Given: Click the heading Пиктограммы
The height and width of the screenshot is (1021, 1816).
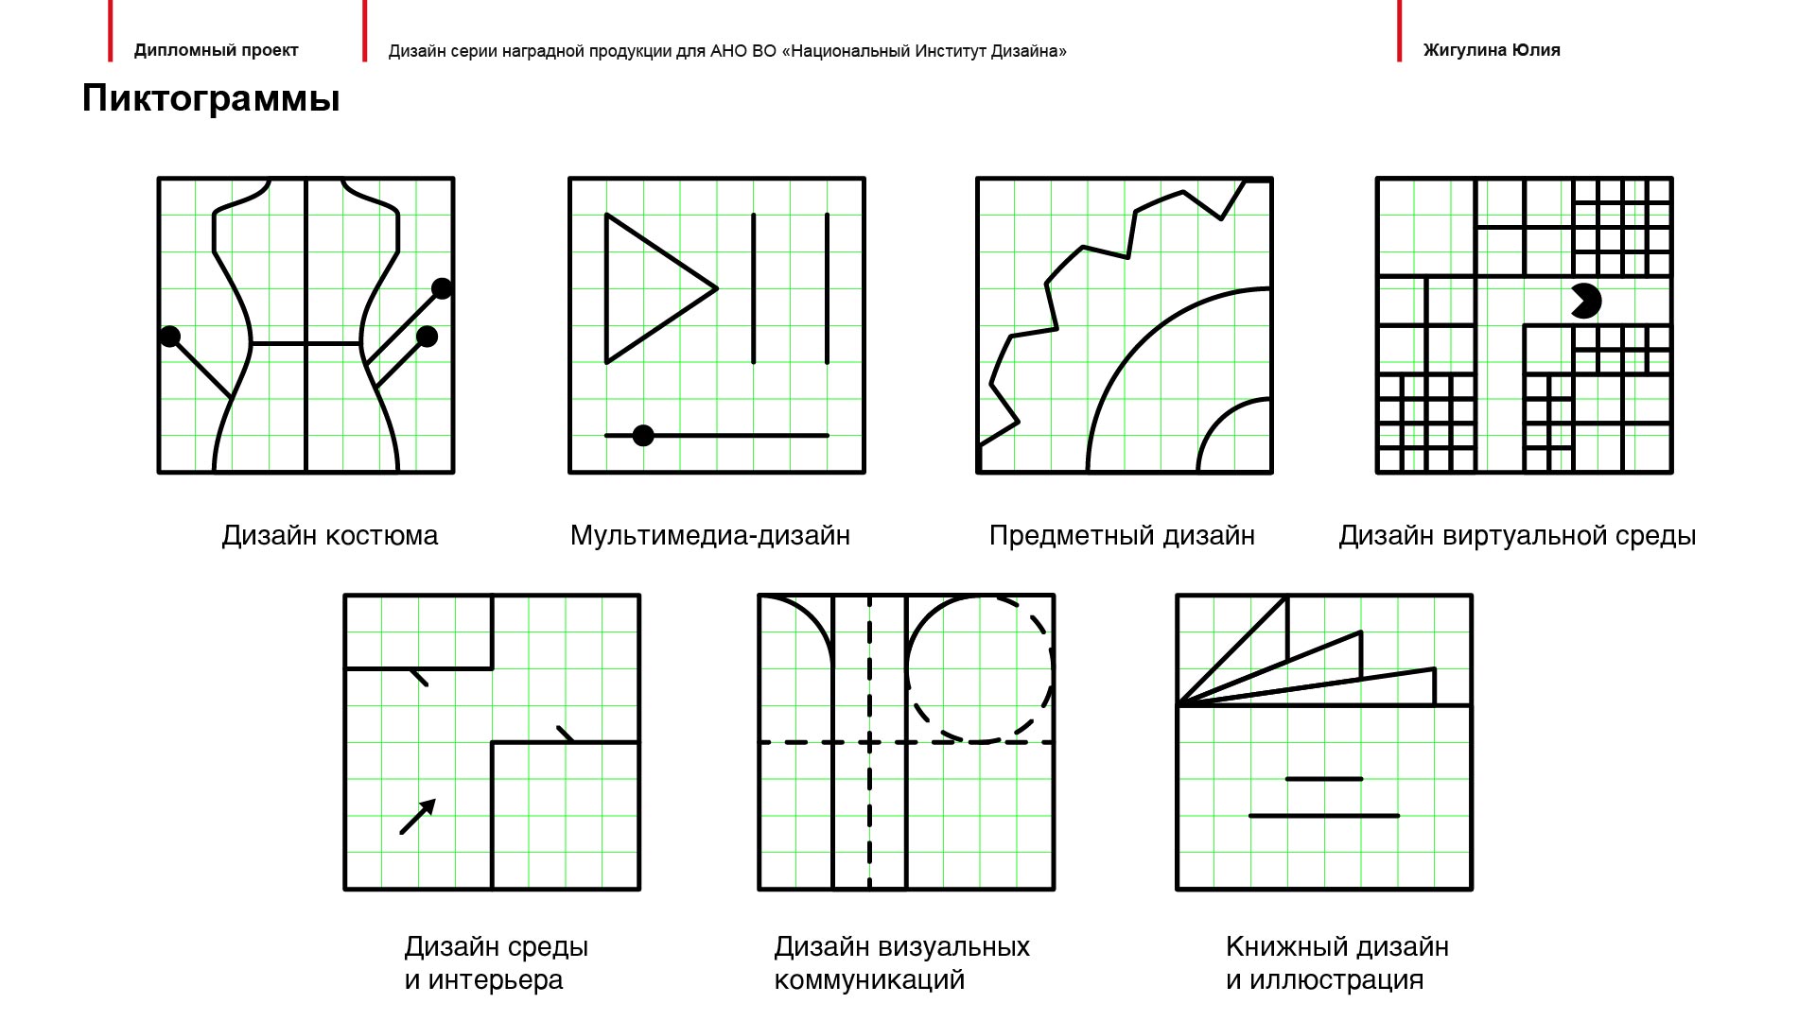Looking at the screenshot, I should (210, 98).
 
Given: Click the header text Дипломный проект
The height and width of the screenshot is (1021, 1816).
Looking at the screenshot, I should (216, 50).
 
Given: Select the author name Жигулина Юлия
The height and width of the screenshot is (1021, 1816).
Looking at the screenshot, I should (1491, 50).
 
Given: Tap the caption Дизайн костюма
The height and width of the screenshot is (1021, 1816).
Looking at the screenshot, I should (329, 535).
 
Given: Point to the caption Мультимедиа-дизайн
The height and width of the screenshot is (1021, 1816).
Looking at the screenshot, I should (709, 535).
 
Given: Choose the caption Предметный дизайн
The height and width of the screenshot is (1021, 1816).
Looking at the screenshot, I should (1122, 535).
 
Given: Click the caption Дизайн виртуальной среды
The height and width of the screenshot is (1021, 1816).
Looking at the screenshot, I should (1516, 535).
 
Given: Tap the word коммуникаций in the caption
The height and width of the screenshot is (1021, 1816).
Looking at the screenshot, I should (869, 980).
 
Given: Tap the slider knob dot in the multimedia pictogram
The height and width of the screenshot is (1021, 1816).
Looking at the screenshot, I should (643, 436).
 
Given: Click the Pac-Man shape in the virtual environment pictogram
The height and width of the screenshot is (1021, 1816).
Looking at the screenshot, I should (1585, 301).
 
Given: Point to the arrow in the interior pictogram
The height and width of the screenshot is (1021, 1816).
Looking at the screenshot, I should (418, 816).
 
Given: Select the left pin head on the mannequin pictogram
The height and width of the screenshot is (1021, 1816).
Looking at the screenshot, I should (170, 337).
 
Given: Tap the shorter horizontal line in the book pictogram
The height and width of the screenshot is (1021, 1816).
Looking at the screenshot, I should (1324, 779).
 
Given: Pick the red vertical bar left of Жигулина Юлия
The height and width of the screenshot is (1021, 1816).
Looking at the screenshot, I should (1399, 31).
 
